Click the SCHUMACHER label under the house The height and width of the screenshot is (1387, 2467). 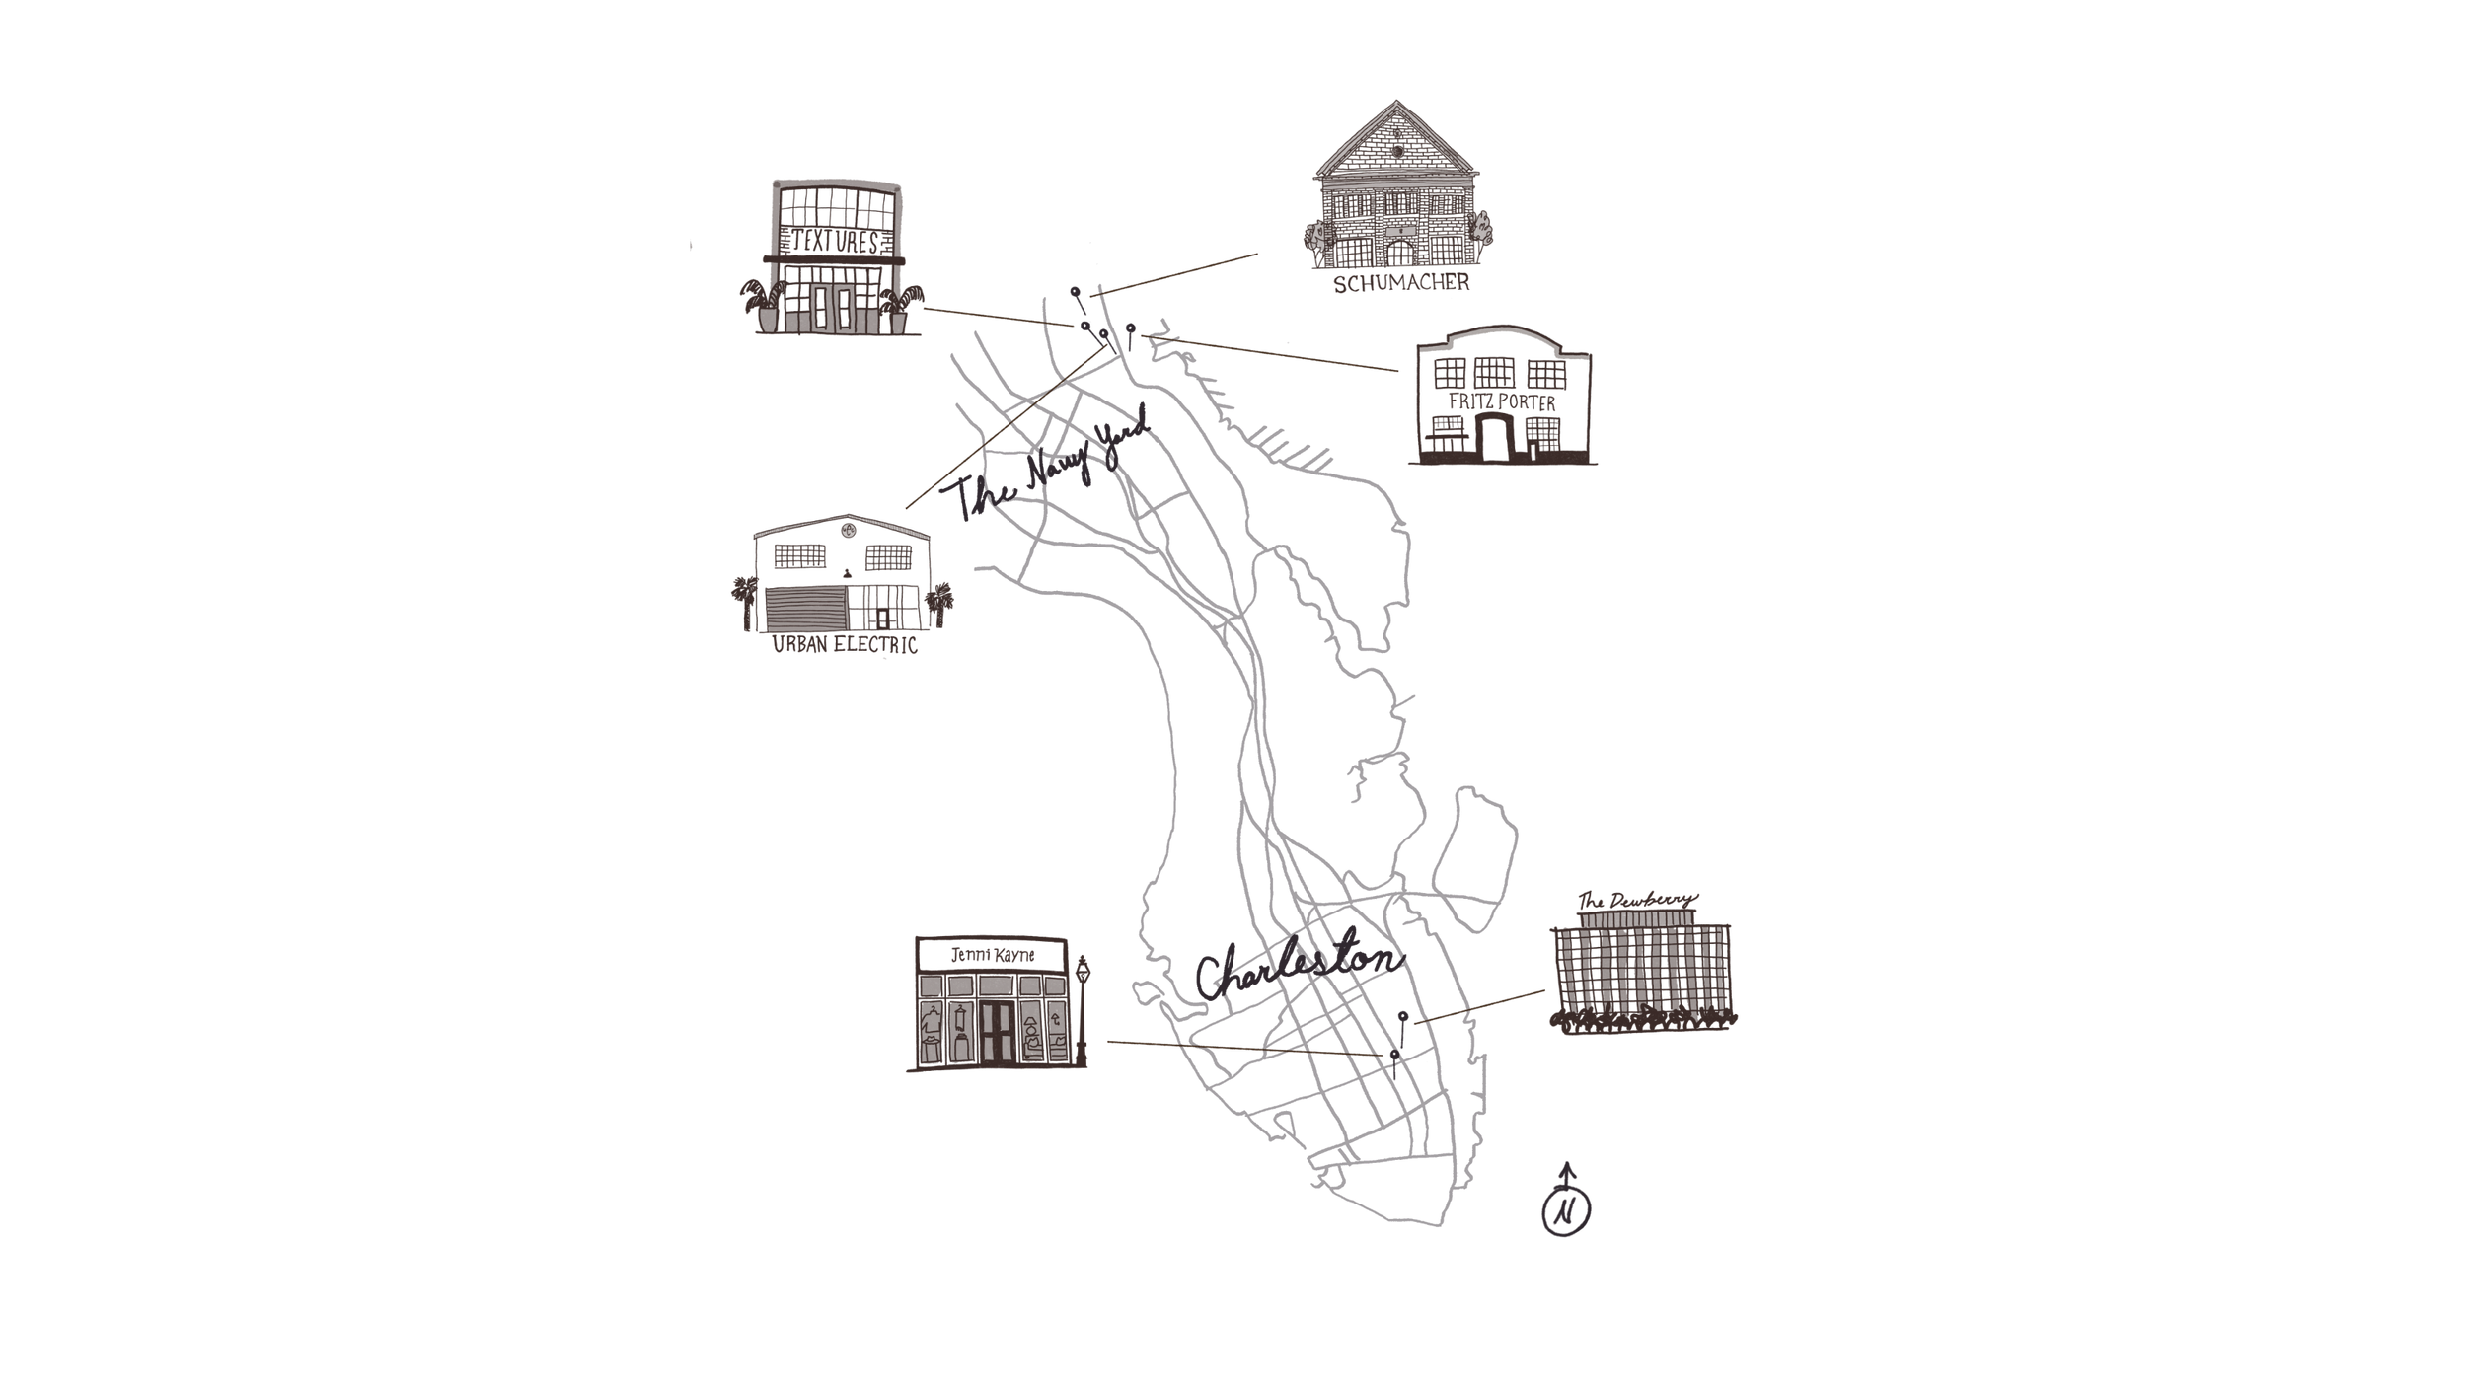point(1401,284)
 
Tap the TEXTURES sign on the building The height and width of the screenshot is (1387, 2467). point(836,242)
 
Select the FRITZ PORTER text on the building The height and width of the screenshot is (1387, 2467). point(1501,402)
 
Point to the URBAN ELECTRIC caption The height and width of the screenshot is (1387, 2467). point(845,645)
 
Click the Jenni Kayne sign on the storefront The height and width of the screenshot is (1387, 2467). point(992,955)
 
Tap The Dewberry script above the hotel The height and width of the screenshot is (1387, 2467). point(1637,900)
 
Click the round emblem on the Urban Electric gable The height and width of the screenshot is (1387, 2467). point(848,531)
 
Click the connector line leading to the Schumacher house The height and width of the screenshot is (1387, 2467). point(1174,274)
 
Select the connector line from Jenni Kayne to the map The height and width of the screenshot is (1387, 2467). point(1243,1048)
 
